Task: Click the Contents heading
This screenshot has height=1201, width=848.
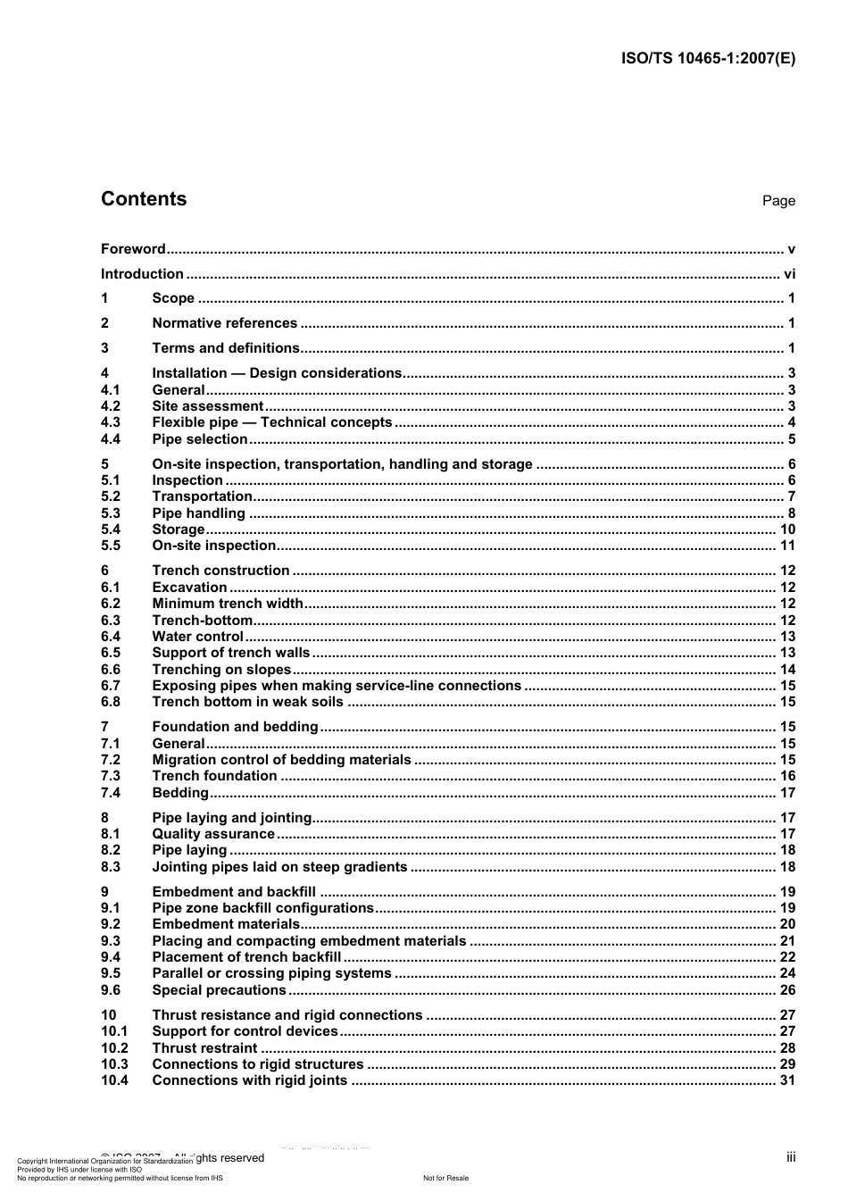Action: click(144, 199)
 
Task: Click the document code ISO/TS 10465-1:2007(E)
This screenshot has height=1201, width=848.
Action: click(708, 59)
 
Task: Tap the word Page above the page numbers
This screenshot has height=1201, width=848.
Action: click(778, 201)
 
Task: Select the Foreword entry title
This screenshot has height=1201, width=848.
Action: click(133, 249)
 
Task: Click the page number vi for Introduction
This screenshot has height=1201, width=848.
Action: click(789, 274)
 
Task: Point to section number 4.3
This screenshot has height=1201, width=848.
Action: click(111, 422)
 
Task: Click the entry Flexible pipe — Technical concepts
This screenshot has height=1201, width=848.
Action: click(272, 422)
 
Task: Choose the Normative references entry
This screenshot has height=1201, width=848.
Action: click(225, 323)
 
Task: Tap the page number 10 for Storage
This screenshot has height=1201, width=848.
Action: click(787, 530)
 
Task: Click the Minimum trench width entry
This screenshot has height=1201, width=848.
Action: click(228, 604)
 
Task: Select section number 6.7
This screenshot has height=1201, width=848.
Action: click(111, 686)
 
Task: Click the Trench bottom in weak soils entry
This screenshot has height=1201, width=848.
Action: click(247, 702)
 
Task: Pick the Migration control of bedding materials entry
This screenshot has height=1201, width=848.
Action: click(282, 760)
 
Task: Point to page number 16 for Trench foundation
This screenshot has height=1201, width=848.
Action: click(787, 776)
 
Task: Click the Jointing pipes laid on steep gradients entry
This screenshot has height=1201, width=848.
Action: click(280, 867)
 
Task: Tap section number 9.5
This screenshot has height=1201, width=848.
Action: click(111, 973)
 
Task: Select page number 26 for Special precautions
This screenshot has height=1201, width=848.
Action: click(787, 990)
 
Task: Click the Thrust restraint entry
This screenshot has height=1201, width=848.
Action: click(205, 1048)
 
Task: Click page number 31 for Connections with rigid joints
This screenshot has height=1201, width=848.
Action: click(787, 1080)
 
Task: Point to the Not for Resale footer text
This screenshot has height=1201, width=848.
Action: click(445, 1179)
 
